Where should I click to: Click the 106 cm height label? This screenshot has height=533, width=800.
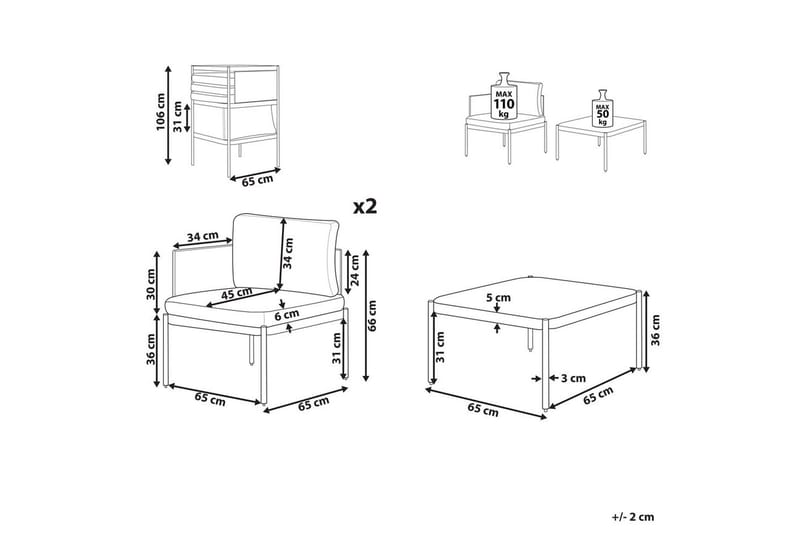click(161, 112)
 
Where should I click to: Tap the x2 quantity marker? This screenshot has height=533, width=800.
click(365, 206)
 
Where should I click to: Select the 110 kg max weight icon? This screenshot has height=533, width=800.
click(503, 96)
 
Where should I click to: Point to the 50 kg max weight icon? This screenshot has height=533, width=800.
click(602, 109)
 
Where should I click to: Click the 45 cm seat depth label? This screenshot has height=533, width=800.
click(236, 294)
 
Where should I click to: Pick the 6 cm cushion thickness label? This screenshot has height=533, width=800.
click(287, 315)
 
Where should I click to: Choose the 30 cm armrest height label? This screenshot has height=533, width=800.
click(151, 284)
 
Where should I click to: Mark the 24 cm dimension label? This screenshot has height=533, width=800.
click(355, 270)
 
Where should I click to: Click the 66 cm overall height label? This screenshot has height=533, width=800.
click(372, 316)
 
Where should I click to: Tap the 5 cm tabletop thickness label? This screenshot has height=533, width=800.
click(499, 297)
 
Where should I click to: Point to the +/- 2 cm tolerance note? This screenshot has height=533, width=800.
click(633, 517)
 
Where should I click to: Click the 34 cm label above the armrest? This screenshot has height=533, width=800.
click(203, 237)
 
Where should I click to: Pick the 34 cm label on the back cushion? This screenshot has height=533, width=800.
click(289, 253)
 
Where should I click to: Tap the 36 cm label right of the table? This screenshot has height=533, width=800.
click(655, 331)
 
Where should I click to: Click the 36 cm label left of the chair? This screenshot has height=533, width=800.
click(151, 350)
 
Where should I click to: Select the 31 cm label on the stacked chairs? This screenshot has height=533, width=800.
click(178, 117)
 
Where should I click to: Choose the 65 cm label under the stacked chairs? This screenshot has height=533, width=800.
click(257, 181)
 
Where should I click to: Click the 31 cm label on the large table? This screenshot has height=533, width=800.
click(440, 347)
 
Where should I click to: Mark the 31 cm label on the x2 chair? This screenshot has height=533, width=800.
click(336, 348)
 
